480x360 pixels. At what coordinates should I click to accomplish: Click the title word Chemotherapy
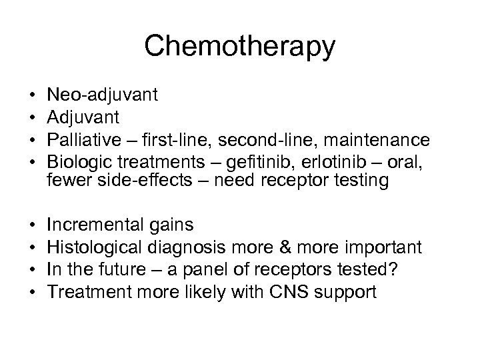click(x=239, y=47)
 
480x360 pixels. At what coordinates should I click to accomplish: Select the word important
click(x=391, y=247)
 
